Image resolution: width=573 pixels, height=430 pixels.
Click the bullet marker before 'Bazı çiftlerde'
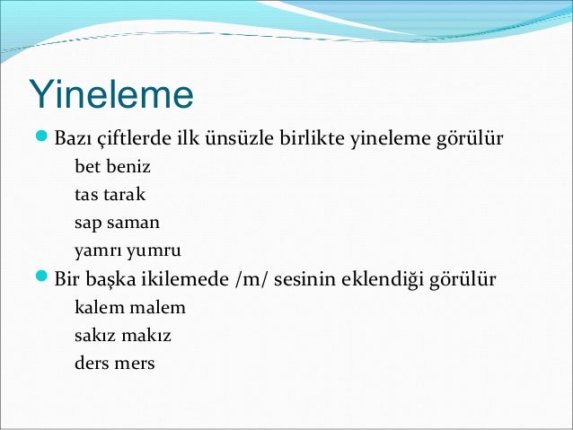click(41, 140)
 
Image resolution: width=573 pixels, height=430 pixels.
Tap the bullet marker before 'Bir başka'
click(41, 277)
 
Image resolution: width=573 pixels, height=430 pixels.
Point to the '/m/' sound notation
click(251, 279)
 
